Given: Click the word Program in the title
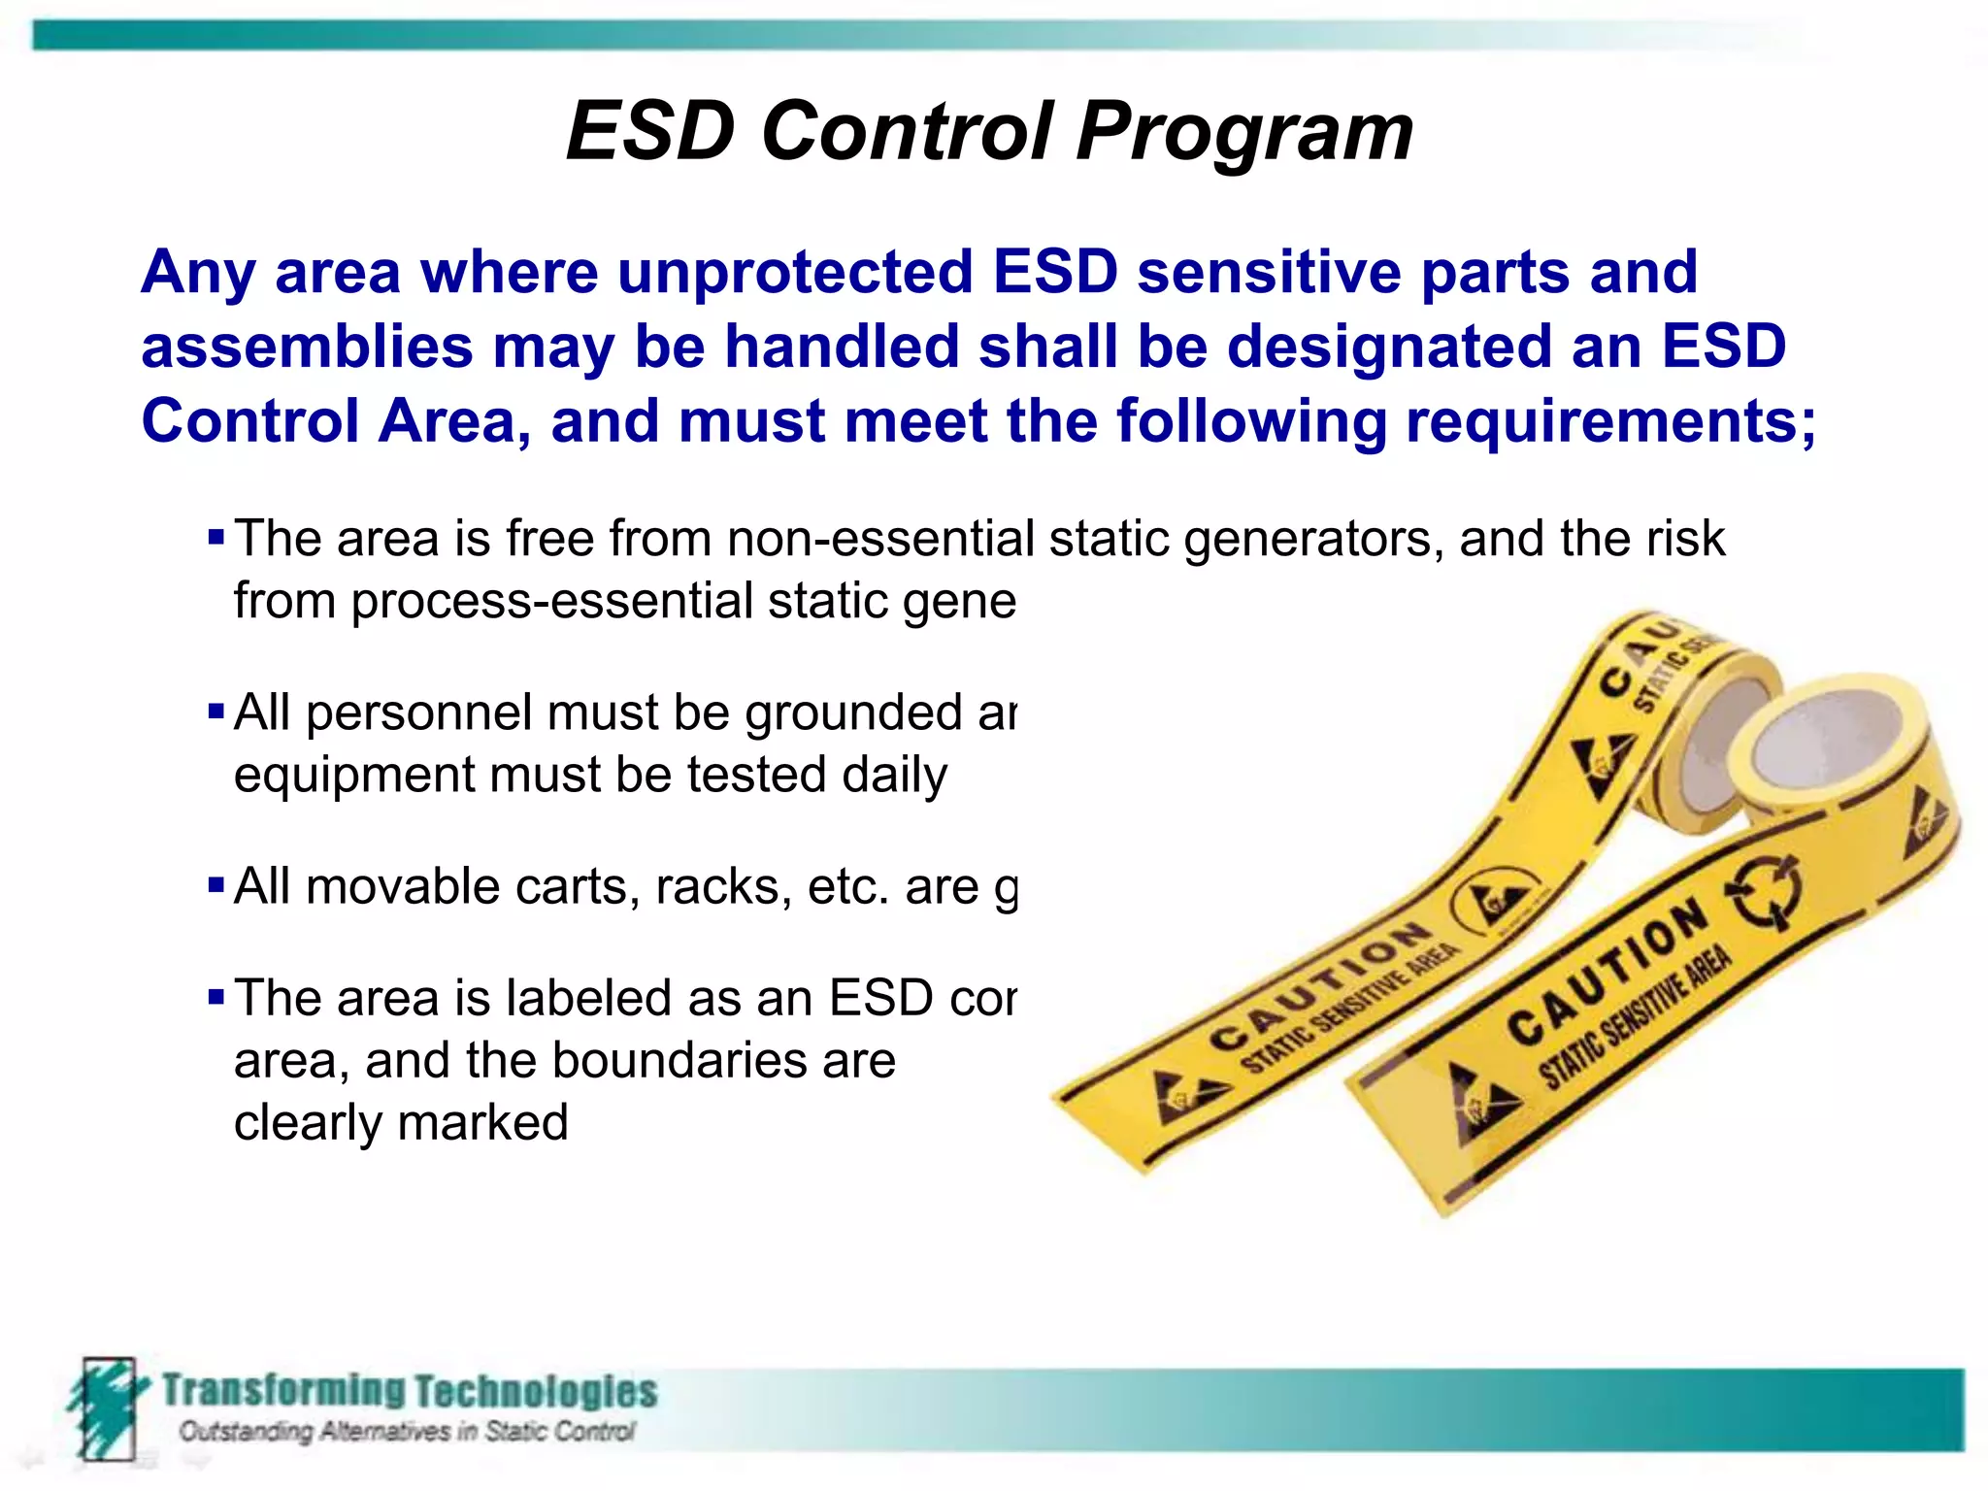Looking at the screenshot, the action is [x=1244, y=133].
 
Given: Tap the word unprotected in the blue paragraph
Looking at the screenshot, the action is [x=795, y=272].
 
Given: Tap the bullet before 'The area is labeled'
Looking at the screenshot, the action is [x=216, y=998].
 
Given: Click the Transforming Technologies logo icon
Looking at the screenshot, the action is [x=105, y=1408].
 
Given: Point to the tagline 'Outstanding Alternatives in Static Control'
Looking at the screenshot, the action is [x=407, y=1432].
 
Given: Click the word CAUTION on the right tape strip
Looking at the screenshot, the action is [x=1607, y=973].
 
